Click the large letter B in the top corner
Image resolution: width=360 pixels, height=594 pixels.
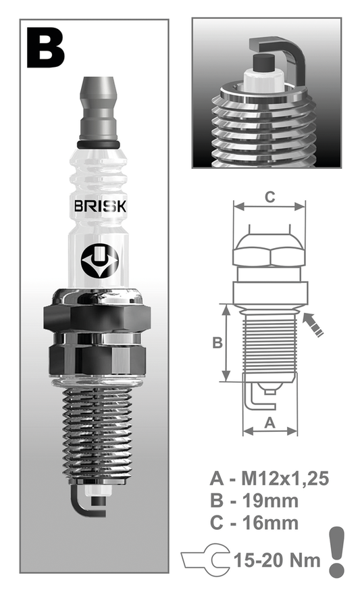46,48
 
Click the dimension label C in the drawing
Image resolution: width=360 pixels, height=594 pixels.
269,197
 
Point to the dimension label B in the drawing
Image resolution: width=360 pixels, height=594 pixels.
217,343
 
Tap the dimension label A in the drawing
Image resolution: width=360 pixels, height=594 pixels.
269,422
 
